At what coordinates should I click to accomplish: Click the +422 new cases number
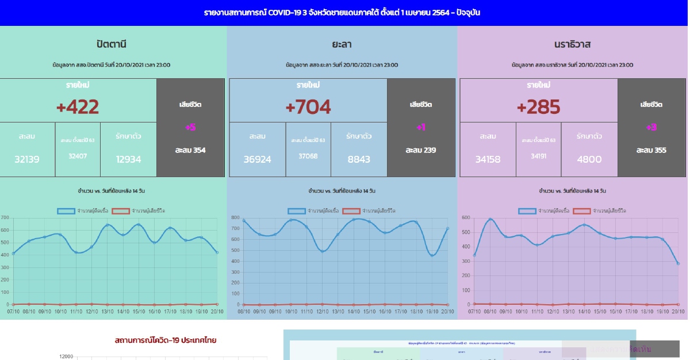tap(78, 107)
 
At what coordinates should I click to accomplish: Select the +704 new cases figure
tap(308, 107)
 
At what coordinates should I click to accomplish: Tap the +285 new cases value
tap(538, 107)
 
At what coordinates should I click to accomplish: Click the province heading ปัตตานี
tap(112, 44)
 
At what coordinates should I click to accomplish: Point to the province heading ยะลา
tap(342, 44)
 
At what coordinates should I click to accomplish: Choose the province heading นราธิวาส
tap(572, 44)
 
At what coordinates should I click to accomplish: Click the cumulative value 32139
tap(27, 159)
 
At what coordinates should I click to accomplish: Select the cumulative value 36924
tap(257, 159)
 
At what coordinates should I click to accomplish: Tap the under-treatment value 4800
tap(589, 159)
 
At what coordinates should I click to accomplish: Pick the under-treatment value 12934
tap(128, 159)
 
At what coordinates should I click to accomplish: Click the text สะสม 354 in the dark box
tap(190, 150)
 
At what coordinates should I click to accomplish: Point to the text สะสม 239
tap(420, 150)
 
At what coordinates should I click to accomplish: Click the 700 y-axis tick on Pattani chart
tap(5, 218)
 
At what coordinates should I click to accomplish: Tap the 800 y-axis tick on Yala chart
tap(235, 218)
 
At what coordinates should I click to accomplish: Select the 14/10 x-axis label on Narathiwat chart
tap(584, 312)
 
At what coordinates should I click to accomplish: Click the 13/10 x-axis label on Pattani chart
tap(107, 312)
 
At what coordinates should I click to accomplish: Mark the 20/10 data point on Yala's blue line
tap(447, 228)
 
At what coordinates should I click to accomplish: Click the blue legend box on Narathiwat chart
tap(527, 211)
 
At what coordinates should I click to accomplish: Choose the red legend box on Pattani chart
tap(121, 211)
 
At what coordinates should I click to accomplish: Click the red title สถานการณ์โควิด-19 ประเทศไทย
tap(165, 340)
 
